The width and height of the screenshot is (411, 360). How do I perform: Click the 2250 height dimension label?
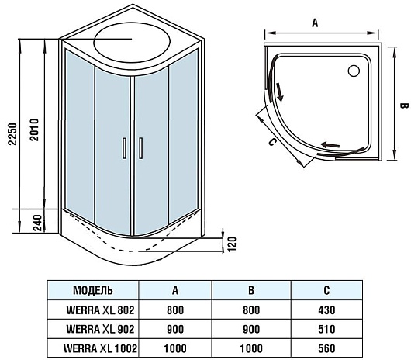(x=12, y=134)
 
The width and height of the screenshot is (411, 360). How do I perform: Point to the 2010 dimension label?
(x=34, y=130)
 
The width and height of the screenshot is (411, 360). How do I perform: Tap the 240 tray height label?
(x=38, y=223)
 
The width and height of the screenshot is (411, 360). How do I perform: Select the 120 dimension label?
(x=232, y=244)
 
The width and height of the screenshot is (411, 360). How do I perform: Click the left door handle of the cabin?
(x=125, y=148)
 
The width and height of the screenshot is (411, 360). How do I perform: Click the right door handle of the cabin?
(x=141, y=148)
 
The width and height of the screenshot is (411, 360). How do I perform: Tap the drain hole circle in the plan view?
(x=354, y=71)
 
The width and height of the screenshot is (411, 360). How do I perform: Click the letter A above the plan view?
(x=315, y=23)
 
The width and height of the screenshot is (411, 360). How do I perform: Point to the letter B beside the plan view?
(x=404, y=106)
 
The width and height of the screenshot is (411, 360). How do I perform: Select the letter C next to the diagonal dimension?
(x=272, y=142)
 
